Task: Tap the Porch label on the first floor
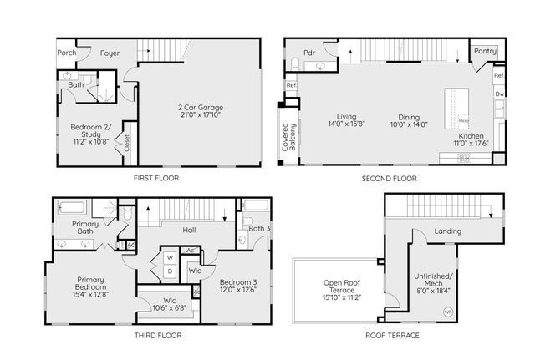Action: pyautogui.click(x=67, y=53)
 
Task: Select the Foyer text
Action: pyautogui.click(x=110, y=53)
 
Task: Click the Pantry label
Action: pyautogui.click(x=485, y=52)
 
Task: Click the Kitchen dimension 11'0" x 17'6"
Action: pyautogui.click(x=471, y=142)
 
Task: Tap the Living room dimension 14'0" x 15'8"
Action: pyautogui.click(x=347, y=124)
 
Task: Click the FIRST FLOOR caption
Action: pyautogui.click(x=156, y=178)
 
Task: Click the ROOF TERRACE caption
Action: pyautogui.click(x=392, y=336)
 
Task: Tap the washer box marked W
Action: pyautogui.click(x=170, y=257)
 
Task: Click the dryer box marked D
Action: pyautogui.click(x=170, y=271)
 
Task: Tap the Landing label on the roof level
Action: pyautogui.click(x=448, y=232)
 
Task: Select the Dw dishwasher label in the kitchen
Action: pyautogui.click(x=499, y=94)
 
